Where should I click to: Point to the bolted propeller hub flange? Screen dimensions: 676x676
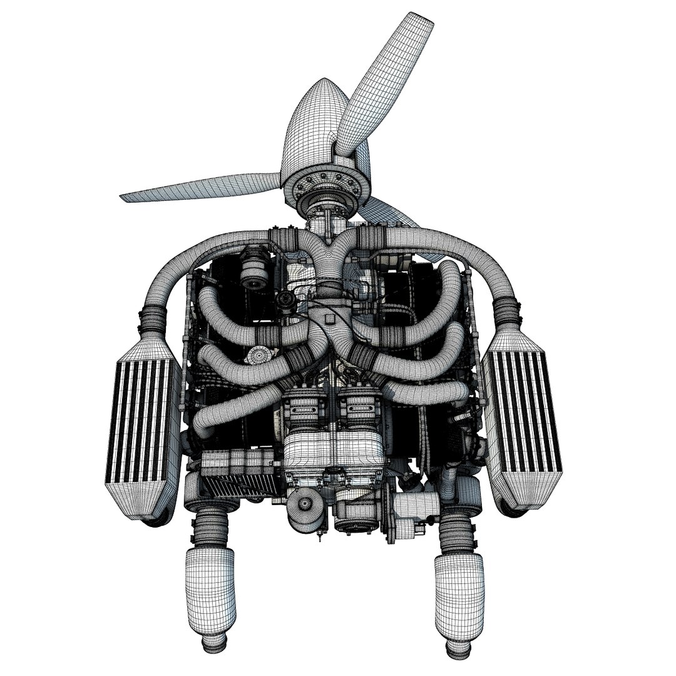point(325,182)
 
